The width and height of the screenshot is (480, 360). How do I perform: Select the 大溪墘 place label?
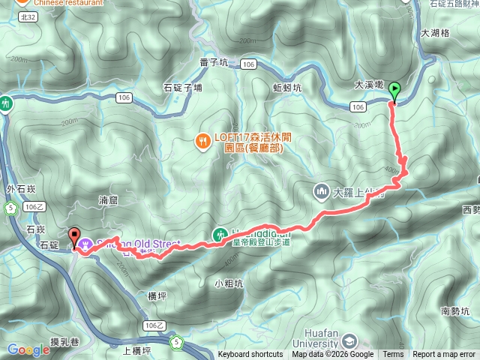tap(370, 85)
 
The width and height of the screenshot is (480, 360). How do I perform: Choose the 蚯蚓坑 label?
tap(287, 87)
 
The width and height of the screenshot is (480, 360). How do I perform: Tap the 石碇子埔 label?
tap(182, 88)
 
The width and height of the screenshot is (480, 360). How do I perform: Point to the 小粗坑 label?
tap(228, 283)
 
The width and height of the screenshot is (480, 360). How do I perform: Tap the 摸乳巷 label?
tap(62, 341)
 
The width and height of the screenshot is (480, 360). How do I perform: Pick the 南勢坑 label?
tap(455, 310)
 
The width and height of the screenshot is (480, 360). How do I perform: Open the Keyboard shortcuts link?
tap(250, 355)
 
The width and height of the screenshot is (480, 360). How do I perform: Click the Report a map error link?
tap(444, 355)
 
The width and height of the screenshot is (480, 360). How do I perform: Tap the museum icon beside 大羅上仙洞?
tap(322, 191)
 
